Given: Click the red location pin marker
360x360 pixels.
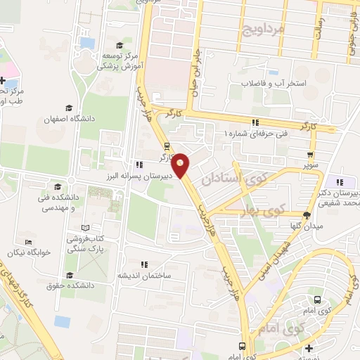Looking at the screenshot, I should pyautogui.click(x=181, y=165).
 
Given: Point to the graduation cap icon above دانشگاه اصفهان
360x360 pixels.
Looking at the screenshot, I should pyautogui.click(x=68, y=108).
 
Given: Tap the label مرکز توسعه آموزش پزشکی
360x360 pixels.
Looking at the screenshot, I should pyautogui.click(x=114, y=60).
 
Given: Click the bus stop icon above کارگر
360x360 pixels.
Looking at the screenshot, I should pyautogui.click(x=166, y=147).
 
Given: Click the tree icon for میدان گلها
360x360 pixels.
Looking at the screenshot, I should pyautogui.click(x=306, y=215).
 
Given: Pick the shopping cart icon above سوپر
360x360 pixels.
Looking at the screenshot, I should pyautogui.click(x=309, y=156).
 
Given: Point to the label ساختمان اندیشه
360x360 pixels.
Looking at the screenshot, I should pyautogui.click(x=166, y=275).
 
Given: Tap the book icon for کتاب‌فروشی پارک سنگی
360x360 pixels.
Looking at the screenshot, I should pyautogui.click(x=86, y=229).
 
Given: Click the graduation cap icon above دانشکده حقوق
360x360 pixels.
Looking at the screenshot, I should pyautogui.click(x=69, y=275).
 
